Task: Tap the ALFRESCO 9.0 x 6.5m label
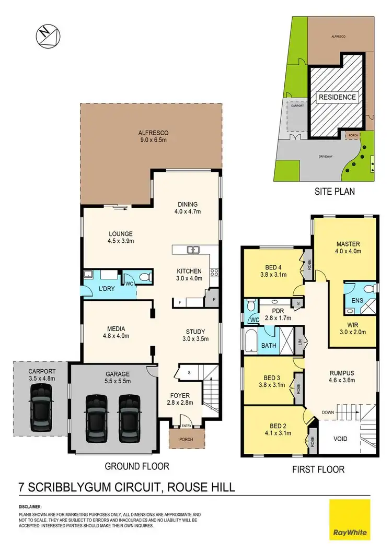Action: tap(149, 136)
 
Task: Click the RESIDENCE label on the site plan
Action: tap(338, 97)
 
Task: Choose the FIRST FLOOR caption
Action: tap(318, 469)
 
